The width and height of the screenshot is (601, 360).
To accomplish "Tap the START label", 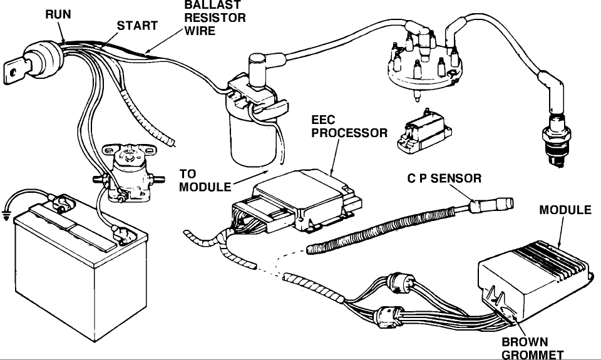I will pyautogui.click(x=137, y=26).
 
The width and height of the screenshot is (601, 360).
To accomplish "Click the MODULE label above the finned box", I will pyautogui.click(x=565, y=210).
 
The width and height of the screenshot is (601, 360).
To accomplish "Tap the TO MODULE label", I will pyautogui.click(x=201, y=180).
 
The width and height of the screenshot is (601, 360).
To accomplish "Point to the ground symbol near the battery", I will pyautogui.click(x=6, y=216).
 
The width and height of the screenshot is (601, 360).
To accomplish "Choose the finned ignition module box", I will pyautogui.click(x=536, y=275).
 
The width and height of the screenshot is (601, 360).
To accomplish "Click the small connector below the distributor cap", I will pyautogui.click(x=423, y=133).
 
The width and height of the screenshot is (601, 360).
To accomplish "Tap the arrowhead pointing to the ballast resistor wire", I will pyautogui.click(x=148, y=50).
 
